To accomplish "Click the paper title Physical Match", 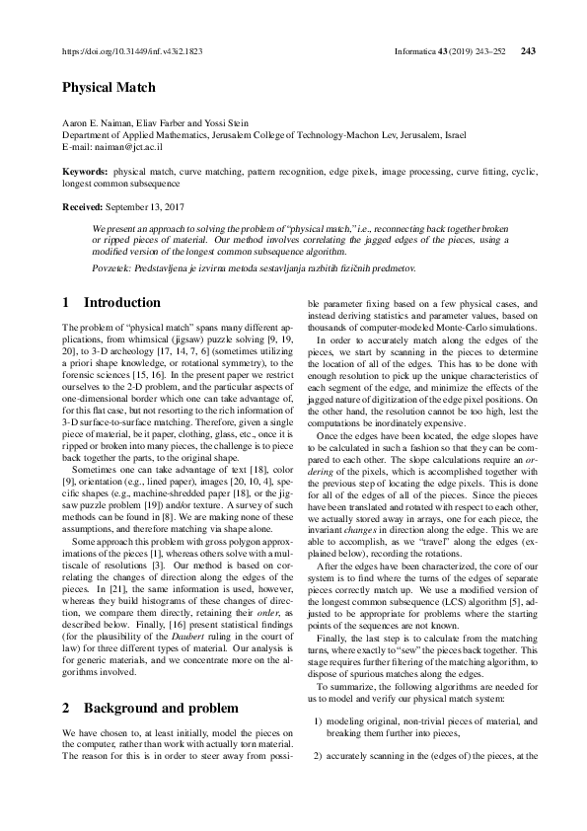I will click(x=109, y=88).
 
